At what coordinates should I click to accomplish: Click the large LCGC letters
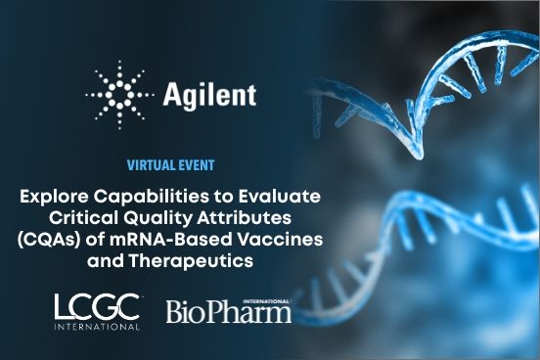(x=97, y=306)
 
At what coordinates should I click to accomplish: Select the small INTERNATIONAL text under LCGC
(x=97, y=326)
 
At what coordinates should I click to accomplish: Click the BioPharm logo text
(x=228, y=312)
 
